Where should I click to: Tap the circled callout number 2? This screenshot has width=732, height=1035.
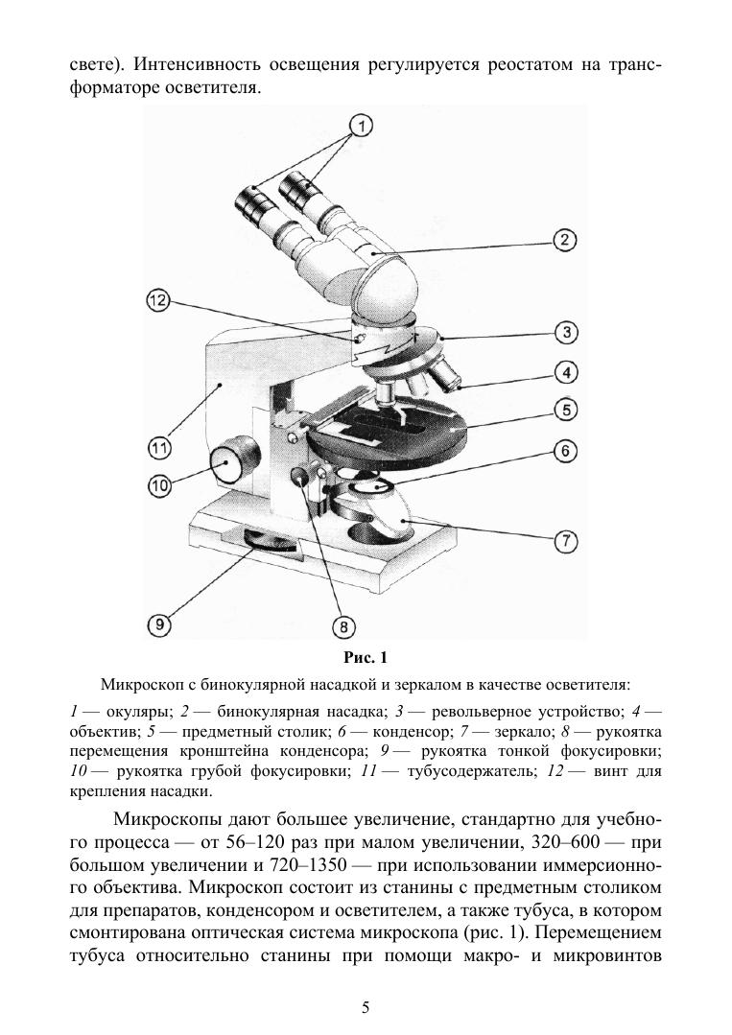pyautogui.click(x=566, y=240)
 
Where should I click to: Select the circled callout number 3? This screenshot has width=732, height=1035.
pyautogui.click(x=566, y=333)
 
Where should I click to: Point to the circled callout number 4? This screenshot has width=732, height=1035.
pyautogui.click(x=566, y=372)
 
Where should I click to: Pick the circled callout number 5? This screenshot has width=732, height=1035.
pyautogui.click(x=566, y=411)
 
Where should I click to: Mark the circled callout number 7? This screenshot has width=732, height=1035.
pyautogui.click(x=566, y=542)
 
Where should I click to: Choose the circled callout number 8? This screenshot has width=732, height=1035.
pyautogui.click(x=343, y=625)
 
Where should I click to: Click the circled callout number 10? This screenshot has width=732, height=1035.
pyautogui.click(x=159, y=486)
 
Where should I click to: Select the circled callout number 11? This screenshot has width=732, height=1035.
pyautogui.click(x=159, y=447)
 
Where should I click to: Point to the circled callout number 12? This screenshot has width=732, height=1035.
pyautogui.click(x=158, y=301)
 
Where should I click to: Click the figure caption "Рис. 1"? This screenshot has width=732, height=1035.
pyautogui.click(x=365, y=658)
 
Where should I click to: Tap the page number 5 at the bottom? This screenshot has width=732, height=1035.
pyautogui.click(x=366, y=1006)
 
